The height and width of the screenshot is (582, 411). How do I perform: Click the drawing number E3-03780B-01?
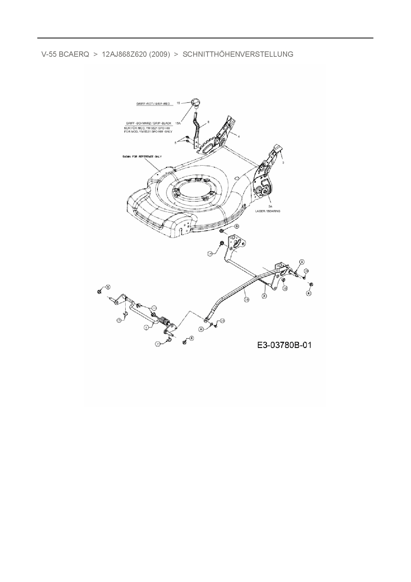coord(284,345)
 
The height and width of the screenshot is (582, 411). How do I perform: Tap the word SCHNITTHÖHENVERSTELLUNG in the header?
coord(238,54)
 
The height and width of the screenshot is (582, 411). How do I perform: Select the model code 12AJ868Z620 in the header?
coord(124,54)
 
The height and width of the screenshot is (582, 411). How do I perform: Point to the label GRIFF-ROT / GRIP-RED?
coord(153,104)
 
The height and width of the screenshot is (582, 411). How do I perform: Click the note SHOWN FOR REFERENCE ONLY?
coord(142,156)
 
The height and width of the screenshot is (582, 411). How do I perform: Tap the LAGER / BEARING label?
coord(267,211)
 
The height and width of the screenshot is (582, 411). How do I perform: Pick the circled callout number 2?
coord(264,295)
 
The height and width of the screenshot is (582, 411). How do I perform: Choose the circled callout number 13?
coord(154,308)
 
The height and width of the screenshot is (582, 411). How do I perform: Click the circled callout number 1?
coord(146,327)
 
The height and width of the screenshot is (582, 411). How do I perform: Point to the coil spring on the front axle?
coord(165,321)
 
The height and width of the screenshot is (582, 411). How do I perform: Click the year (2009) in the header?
coord(159,54)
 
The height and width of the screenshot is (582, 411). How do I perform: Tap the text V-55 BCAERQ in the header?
coord(65,54)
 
